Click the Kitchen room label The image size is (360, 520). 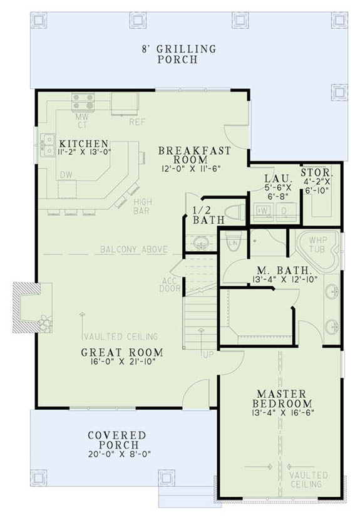(x=84, y=143)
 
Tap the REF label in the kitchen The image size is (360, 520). (x=137, y=122)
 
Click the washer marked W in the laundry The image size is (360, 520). (x=262, y=211)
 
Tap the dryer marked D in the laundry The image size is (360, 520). (x=283, y=211)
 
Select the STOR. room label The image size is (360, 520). (x=317, y=172)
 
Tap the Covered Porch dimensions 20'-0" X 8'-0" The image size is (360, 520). (x=117, y=454)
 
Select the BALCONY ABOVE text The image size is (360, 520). (x=134, y=250)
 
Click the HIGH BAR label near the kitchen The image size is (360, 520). (x=141, y=206)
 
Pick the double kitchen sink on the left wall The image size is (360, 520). (x=47, y=144)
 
